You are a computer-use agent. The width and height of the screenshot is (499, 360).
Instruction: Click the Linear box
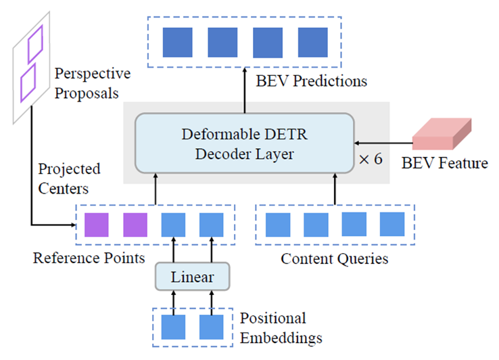tap(192, 277)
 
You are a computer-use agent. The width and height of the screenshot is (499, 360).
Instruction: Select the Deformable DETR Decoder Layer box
tap(244, 143)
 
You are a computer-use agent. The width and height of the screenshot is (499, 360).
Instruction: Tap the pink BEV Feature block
tap(442, 134)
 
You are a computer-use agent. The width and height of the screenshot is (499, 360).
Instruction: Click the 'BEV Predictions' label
tap(312, 81)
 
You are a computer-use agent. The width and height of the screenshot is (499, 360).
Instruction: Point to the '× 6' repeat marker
tap(371, 159)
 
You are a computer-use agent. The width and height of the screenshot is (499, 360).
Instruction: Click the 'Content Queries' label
tap(335, 258)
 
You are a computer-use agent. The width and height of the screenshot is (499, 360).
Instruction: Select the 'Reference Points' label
tap(89, 258)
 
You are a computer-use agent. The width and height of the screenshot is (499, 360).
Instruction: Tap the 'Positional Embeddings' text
tap(281, 328)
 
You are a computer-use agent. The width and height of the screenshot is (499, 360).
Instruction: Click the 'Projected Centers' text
tap(69, 179)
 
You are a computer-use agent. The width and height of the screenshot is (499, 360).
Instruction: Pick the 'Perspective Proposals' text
tap(92, 83)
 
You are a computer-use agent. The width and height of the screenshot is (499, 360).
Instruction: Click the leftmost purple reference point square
tap(97, 225)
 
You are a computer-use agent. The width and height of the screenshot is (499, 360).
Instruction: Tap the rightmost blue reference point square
tap(212, 225)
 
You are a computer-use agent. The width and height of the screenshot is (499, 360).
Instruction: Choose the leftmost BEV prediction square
tap(178, 43)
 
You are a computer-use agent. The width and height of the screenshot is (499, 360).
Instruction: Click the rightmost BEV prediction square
tap(313, 43)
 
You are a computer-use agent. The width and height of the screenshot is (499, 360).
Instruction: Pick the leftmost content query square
tap(278, 225)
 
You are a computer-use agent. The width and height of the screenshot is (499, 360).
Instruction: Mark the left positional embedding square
tap(174, 328)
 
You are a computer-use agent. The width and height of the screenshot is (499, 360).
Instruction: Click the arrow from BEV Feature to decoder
tap(383, 143)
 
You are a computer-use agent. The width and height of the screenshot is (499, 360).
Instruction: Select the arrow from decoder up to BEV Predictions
tap(245, 90)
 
